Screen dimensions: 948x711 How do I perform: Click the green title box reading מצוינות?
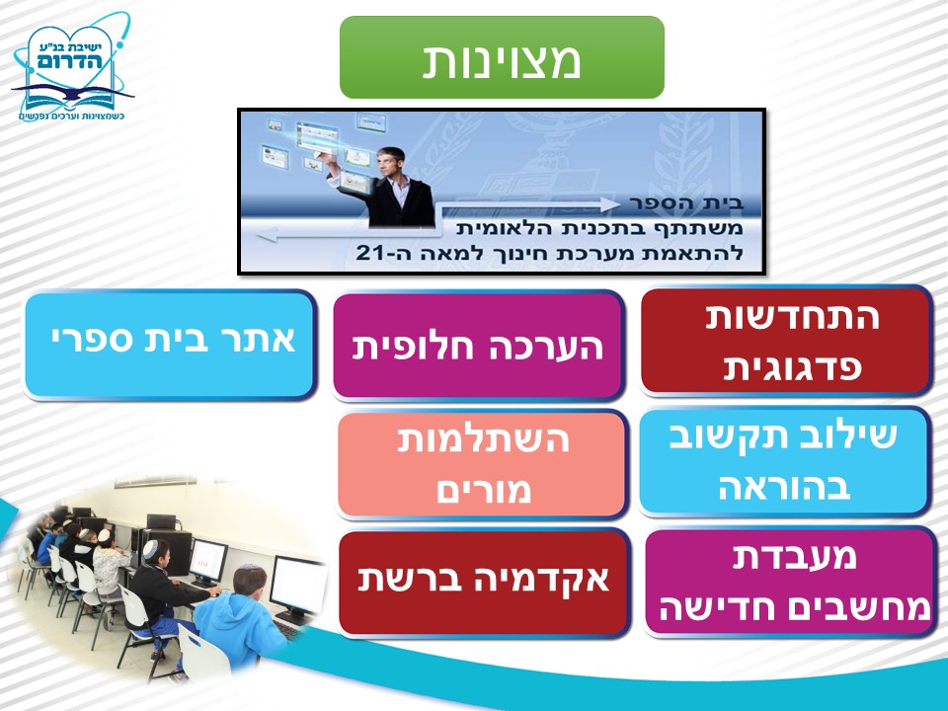502,57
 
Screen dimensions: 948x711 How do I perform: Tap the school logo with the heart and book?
71,66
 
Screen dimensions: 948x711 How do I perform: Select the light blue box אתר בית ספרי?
171,345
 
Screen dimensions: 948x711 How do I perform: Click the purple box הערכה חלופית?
478,347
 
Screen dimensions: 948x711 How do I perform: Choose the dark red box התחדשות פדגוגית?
785,341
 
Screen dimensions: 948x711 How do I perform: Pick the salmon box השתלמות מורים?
482,464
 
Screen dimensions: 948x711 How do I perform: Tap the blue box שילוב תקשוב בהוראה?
784,461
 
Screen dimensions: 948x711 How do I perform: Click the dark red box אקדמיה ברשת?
484,583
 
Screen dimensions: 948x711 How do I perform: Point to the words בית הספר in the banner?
685,203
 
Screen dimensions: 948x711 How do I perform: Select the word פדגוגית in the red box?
792,367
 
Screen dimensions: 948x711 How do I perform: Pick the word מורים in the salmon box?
484,490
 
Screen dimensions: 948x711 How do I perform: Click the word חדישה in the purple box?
704,608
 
